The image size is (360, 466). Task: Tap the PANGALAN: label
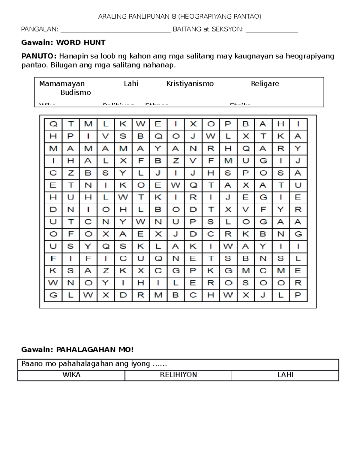click(40, 29)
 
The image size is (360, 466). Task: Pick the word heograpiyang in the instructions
click(310, 56)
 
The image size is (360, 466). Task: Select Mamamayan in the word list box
click(62, 83)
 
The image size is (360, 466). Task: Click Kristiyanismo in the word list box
click(190, 83)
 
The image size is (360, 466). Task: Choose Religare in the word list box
click(265, 83)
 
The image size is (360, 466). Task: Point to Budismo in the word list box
click(76, 92)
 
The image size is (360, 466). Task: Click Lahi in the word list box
click(131, 83)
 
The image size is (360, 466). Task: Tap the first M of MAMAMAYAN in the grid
click(53, 149)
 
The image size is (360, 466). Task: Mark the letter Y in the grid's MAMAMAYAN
click(158, 149)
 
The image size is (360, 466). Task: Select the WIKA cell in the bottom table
click(71, 375)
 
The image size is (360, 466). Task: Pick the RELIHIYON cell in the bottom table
click(178, 375)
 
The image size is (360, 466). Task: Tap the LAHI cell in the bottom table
click(285, 375)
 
